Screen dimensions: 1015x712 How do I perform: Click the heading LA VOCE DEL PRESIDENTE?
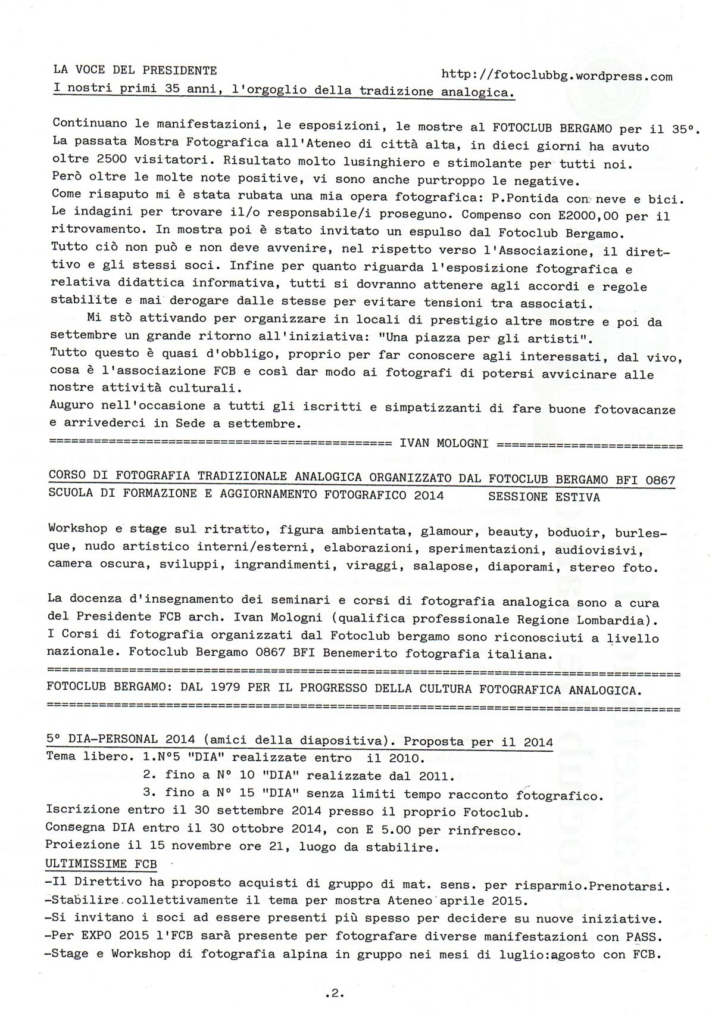point(135,70)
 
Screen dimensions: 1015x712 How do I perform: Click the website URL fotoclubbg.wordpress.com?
point(557,76)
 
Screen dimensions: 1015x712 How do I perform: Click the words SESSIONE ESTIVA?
point(544,497)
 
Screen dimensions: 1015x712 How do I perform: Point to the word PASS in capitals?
point(640,937)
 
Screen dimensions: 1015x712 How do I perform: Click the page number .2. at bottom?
point(335,993)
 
